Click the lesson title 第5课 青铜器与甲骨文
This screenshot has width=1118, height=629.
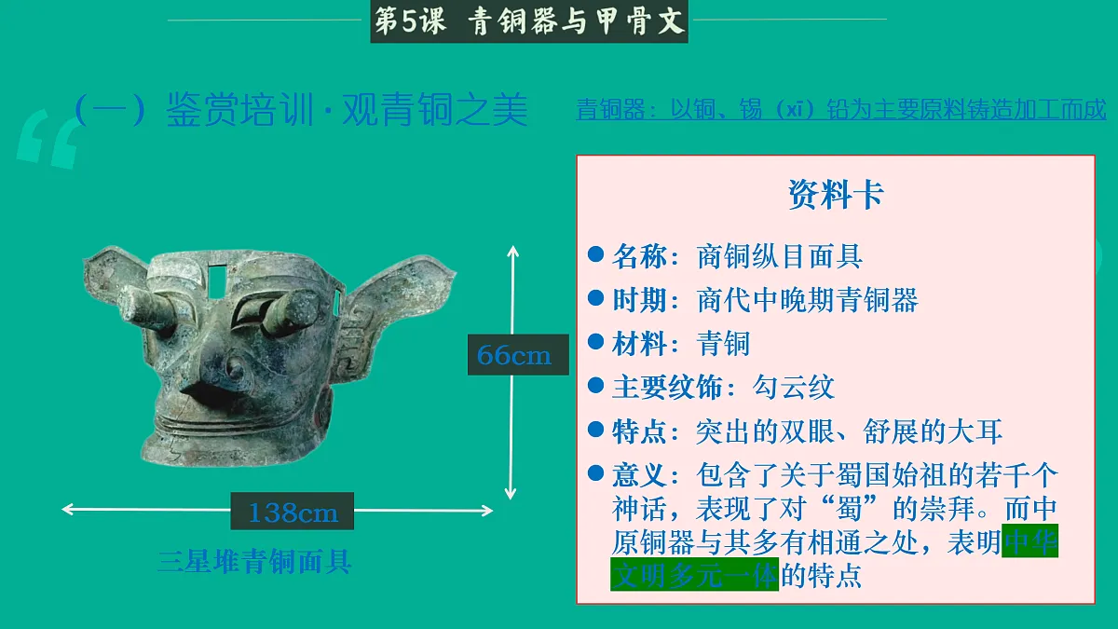pos(529,21)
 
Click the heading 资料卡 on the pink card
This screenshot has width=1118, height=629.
pos(836,196)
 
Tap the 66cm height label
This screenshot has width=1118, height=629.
pos(515,355)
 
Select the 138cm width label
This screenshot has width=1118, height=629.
pos(293,512)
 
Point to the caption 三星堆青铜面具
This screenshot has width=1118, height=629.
pos(254,562)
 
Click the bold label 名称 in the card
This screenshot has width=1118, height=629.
pos(639,256)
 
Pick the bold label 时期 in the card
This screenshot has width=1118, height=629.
pos(639,300)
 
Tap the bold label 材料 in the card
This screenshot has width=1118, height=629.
pos(639,344)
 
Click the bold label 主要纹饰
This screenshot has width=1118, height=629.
pos(666,388)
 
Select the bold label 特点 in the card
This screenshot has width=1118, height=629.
pos(639,431)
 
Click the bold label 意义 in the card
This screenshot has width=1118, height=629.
pos(639,475)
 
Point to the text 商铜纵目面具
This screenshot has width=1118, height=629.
pos(780,256)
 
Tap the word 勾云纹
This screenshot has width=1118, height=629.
pos(794,388)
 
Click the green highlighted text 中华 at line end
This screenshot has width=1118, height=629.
pos(1030,542)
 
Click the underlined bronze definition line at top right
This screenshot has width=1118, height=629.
pos(840,110)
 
